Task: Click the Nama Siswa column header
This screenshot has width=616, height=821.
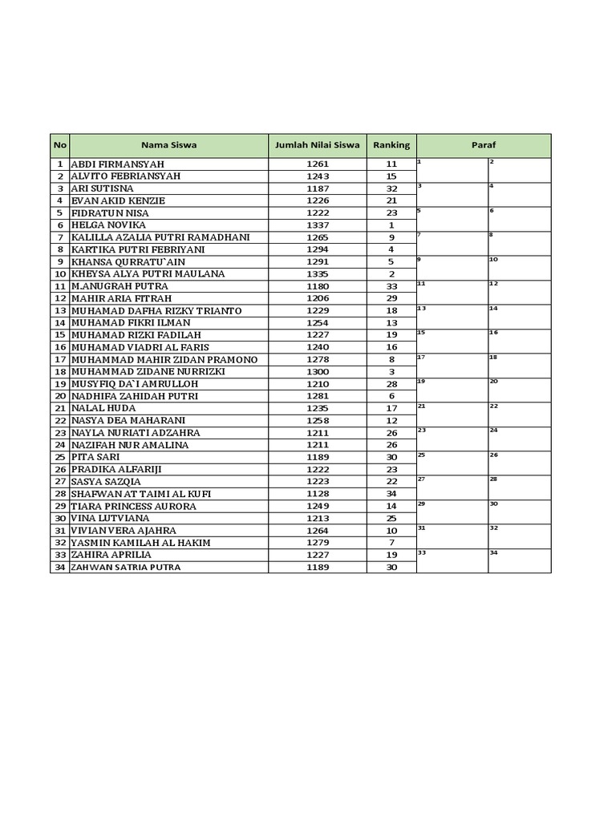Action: pyautogui.click(x=168, y=145)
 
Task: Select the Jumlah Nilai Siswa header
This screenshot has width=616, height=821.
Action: pyautogui.click(x=317, y=145)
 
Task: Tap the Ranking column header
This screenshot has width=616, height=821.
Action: pyautogui.click(x=391, y=145)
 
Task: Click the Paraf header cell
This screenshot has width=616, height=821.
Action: pyautogui.click(x=484, y=145)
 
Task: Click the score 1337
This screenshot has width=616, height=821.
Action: pyautogui.click(x=318, y=225)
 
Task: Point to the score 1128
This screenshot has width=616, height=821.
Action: pyautogui.click(x=318, y=494)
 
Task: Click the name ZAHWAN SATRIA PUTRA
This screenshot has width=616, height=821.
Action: pyautogui.click(x=126, y=567)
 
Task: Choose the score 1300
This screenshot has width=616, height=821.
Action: pyautogui.click(x=318, y=372)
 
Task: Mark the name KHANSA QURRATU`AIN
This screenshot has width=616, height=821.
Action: pyautogui.click(x=128, y=261)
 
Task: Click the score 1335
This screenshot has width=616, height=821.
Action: pyautogui.click(x=318, y=274)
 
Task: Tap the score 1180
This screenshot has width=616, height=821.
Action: pyautogui.click(x=318, y=286)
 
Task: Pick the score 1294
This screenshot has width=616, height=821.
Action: pyautogui.click(x=318, y=249)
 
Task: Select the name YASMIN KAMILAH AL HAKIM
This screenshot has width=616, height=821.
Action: pyautogui.click(x=141, y=543)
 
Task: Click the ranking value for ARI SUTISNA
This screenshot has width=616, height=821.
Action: pyautogui.click(x=391, y=188)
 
